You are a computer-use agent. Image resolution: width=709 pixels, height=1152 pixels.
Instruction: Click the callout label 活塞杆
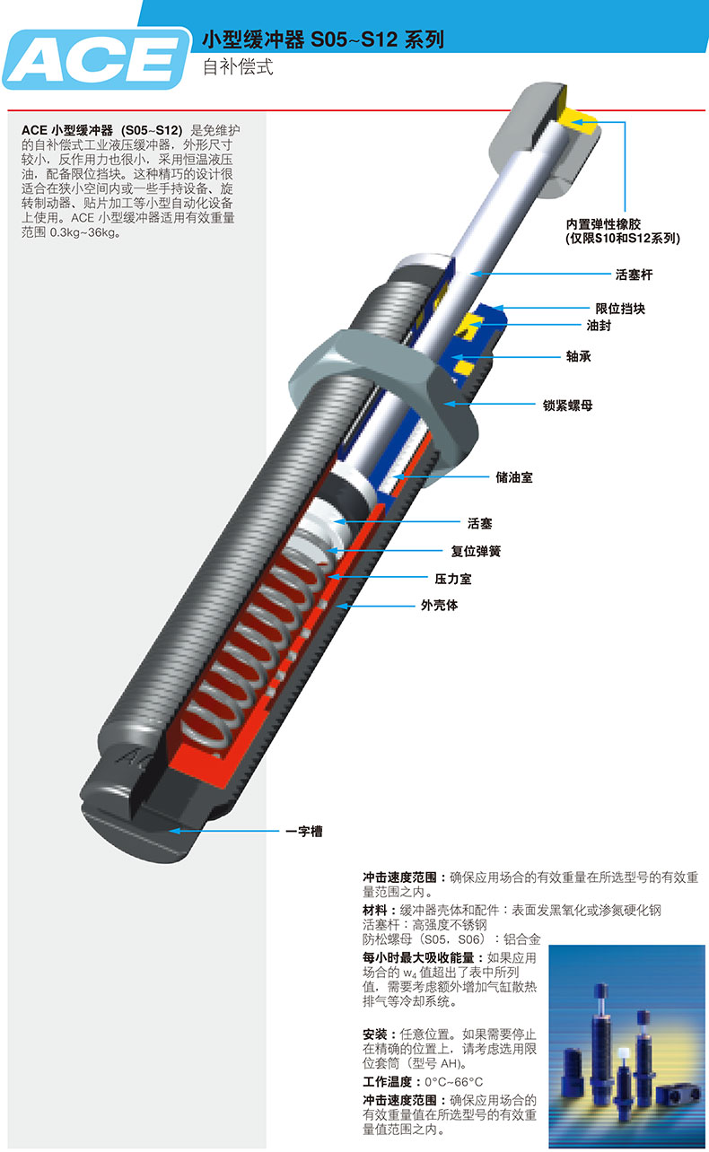click(x=634, y=275)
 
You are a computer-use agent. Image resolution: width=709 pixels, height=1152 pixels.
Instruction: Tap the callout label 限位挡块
click(x=620, y=309)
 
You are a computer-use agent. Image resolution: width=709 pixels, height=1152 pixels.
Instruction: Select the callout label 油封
click(x=599, y=326)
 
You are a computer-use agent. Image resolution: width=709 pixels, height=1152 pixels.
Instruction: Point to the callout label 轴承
click(x=578, y=356)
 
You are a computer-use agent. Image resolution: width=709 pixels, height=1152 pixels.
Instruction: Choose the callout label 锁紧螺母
click(x=567, y=406)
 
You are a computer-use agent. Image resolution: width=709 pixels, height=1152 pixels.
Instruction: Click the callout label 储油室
click(x=514, y=477)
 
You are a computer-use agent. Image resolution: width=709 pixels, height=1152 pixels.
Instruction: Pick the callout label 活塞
click(x=480, y=524)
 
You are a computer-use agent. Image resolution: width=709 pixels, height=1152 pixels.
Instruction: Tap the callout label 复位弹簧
click(x=476, y=551)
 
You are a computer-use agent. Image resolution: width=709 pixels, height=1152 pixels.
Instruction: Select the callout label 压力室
click(x=452, y=579)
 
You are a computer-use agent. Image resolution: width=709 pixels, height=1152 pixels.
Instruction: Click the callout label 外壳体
click(x=440, y=606)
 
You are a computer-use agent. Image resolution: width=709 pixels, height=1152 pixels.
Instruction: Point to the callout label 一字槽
click(x=303, y=831)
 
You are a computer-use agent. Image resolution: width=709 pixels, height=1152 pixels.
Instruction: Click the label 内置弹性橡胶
click(x=603, y=224)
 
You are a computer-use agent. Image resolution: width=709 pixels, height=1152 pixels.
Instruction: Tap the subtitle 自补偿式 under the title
click(x=238, y=67)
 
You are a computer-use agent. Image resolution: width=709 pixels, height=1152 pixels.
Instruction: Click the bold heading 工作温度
click(x=388, y=1081)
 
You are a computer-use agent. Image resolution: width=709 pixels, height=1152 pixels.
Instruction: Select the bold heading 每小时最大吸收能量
click(x=418, y=957)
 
